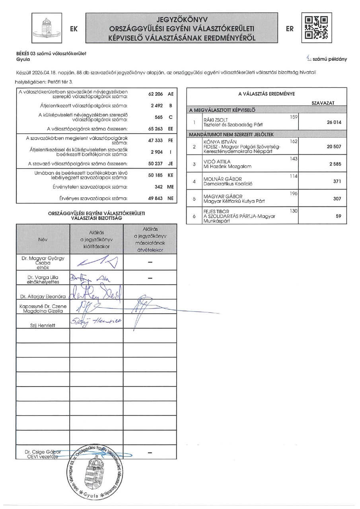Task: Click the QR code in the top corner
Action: pyautogui.click(x=316, y=27)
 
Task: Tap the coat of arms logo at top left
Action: pyautogui.click(x=47, y=28)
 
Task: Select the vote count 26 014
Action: pyautogui.click(x=334, y=122)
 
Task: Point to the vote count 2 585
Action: pyautogui.click(x=334, y=164)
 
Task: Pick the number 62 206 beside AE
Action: pyautogui.click(x=155, y=94)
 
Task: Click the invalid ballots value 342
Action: pyautogui.click(x=159, y=187)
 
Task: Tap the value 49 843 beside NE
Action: pyautogui.click(x=155, y=198)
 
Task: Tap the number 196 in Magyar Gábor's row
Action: pyautogui.click(x=294, y=193)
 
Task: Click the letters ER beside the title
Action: pyautogui.click(x=290, y=29)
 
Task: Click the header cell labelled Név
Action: pyautogui.click(x=43, y=240)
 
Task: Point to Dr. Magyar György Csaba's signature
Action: pyautogui.click(x=96, y=263)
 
